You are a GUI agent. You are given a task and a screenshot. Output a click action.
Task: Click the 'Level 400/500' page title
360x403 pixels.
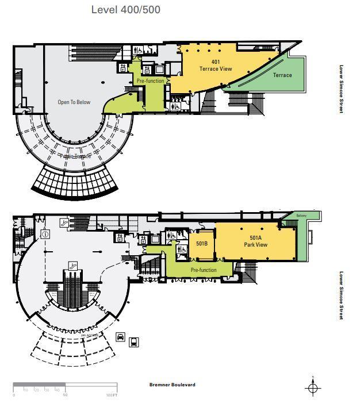pos(126,10)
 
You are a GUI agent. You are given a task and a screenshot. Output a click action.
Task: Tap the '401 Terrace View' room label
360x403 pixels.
pos(216,66)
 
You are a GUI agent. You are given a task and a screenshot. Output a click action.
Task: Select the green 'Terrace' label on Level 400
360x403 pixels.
pos(282,75)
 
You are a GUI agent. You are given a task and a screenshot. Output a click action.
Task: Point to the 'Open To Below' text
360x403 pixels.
pos(74,102)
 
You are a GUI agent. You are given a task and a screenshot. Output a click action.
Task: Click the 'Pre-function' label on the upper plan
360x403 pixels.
pos(150,81)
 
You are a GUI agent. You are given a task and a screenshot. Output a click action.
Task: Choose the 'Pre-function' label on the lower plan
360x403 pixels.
pos(204,270)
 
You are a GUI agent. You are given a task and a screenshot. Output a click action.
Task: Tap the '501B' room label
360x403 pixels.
pos(201,243)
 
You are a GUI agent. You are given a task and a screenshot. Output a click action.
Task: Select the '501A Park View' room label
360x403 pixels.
pos(255,241)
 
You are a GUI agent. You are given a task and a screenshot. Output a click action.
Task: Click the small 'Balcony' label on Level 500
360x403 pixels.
pos(302,216)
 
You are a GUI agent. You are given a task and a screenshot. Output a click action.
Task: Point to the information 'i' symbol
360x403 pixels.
pos(45,234)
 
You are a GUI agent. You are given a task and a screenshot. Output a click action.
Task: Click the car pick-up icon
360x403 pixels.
pos(121,337)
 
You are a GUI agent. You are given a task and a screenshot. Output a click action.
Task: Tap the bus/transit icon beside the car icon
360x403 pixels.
pos(134,342)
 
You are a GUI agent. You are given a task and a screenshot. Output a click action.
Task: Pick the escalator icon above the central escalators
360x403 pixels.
pos(73,266)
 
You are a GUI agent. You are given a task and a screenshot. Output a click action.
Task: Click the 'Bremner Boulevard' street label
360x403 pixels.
pos(172,385)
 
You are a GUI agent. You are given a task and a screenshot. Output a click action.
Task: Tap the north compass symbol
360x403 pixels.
pos(312,388)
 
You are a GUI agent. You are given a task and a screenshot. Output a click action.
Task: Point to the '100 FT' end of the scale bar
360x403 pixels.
pos(112,396)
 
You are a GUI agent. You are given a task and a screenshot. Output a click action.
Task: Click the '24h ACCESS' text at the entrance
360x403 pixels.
pos(88,334)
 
